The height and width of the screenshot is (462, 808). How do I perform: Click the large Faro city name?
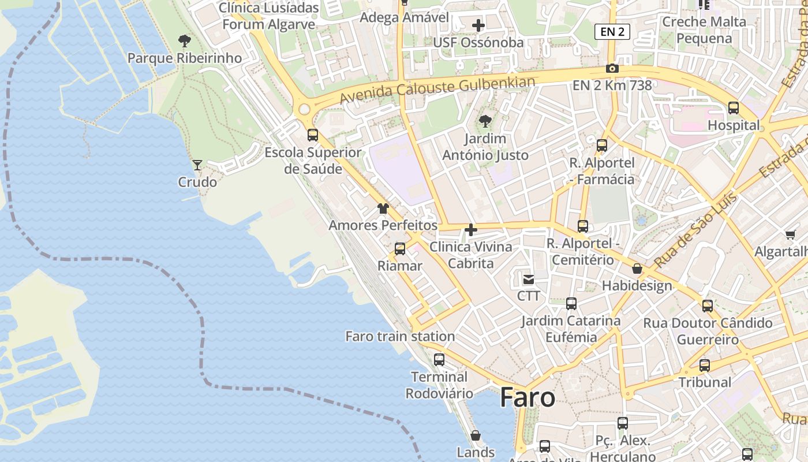tap(528, 398)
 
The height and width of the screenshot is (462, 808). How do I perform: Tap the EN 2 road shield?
tap(612, 32)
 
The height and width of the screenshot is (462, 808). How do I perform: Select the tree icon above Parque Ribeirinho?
tap(185, 40)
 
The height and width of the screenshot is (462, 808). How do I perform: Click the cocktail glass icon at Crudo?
tap(197, 165)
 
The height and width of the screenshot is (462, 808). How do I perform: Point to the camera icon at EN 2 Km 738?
tap(612, 68)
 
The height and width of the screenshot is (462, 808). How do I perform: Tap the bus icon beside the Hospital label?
tap(734, 108)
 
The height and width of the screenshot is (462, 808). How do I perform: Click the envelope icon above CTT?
tap(528, 280)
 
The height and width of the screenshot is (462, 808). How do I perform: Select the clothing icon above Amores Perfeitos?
tap(383, 208)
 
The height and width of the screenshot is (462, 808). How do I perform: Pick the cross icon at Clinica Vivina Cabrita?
tap(471, 230)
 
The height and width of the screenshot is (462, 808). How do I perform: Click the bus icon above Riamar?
tap(400, 249)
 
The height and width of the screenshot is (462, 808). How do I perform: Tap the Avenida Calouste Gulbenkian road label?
tap(437, 90)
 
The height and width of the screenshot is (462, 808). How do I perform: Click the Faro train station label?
tap(400, 336)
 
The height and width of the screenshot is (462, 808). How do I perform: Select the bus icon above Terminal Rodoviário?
tap(439, 360)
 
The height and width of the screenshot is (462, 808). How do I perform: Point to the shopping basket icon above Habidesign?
tap(637, 269)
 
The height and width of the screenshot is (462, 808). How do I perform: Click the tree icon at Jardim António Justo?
tap(485, 121)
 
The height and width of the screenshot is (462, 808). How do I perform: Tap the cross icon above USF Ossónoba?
tap(478, 25)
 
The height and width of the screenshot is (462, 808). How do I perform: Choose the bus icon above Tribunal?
tap(705, 366)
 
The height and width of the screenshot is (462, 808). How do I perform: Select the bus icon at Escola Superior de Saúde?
tap(313, 135)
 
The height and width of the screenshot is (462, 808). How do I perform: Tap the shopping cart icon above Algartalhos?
tap(790, 234)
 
